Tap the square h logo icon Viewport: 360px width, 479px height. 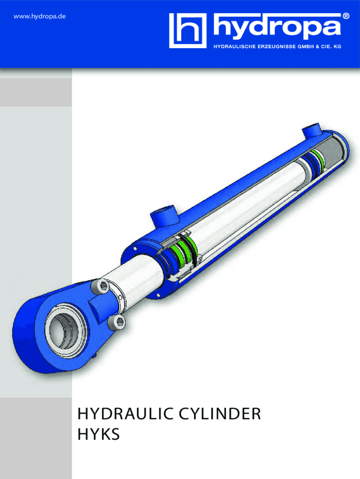pos(187,30)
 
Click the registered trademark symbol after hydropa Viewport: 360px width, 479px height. pos(346,15)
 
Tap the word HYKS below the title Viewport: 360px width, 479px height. pos(99,435)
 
